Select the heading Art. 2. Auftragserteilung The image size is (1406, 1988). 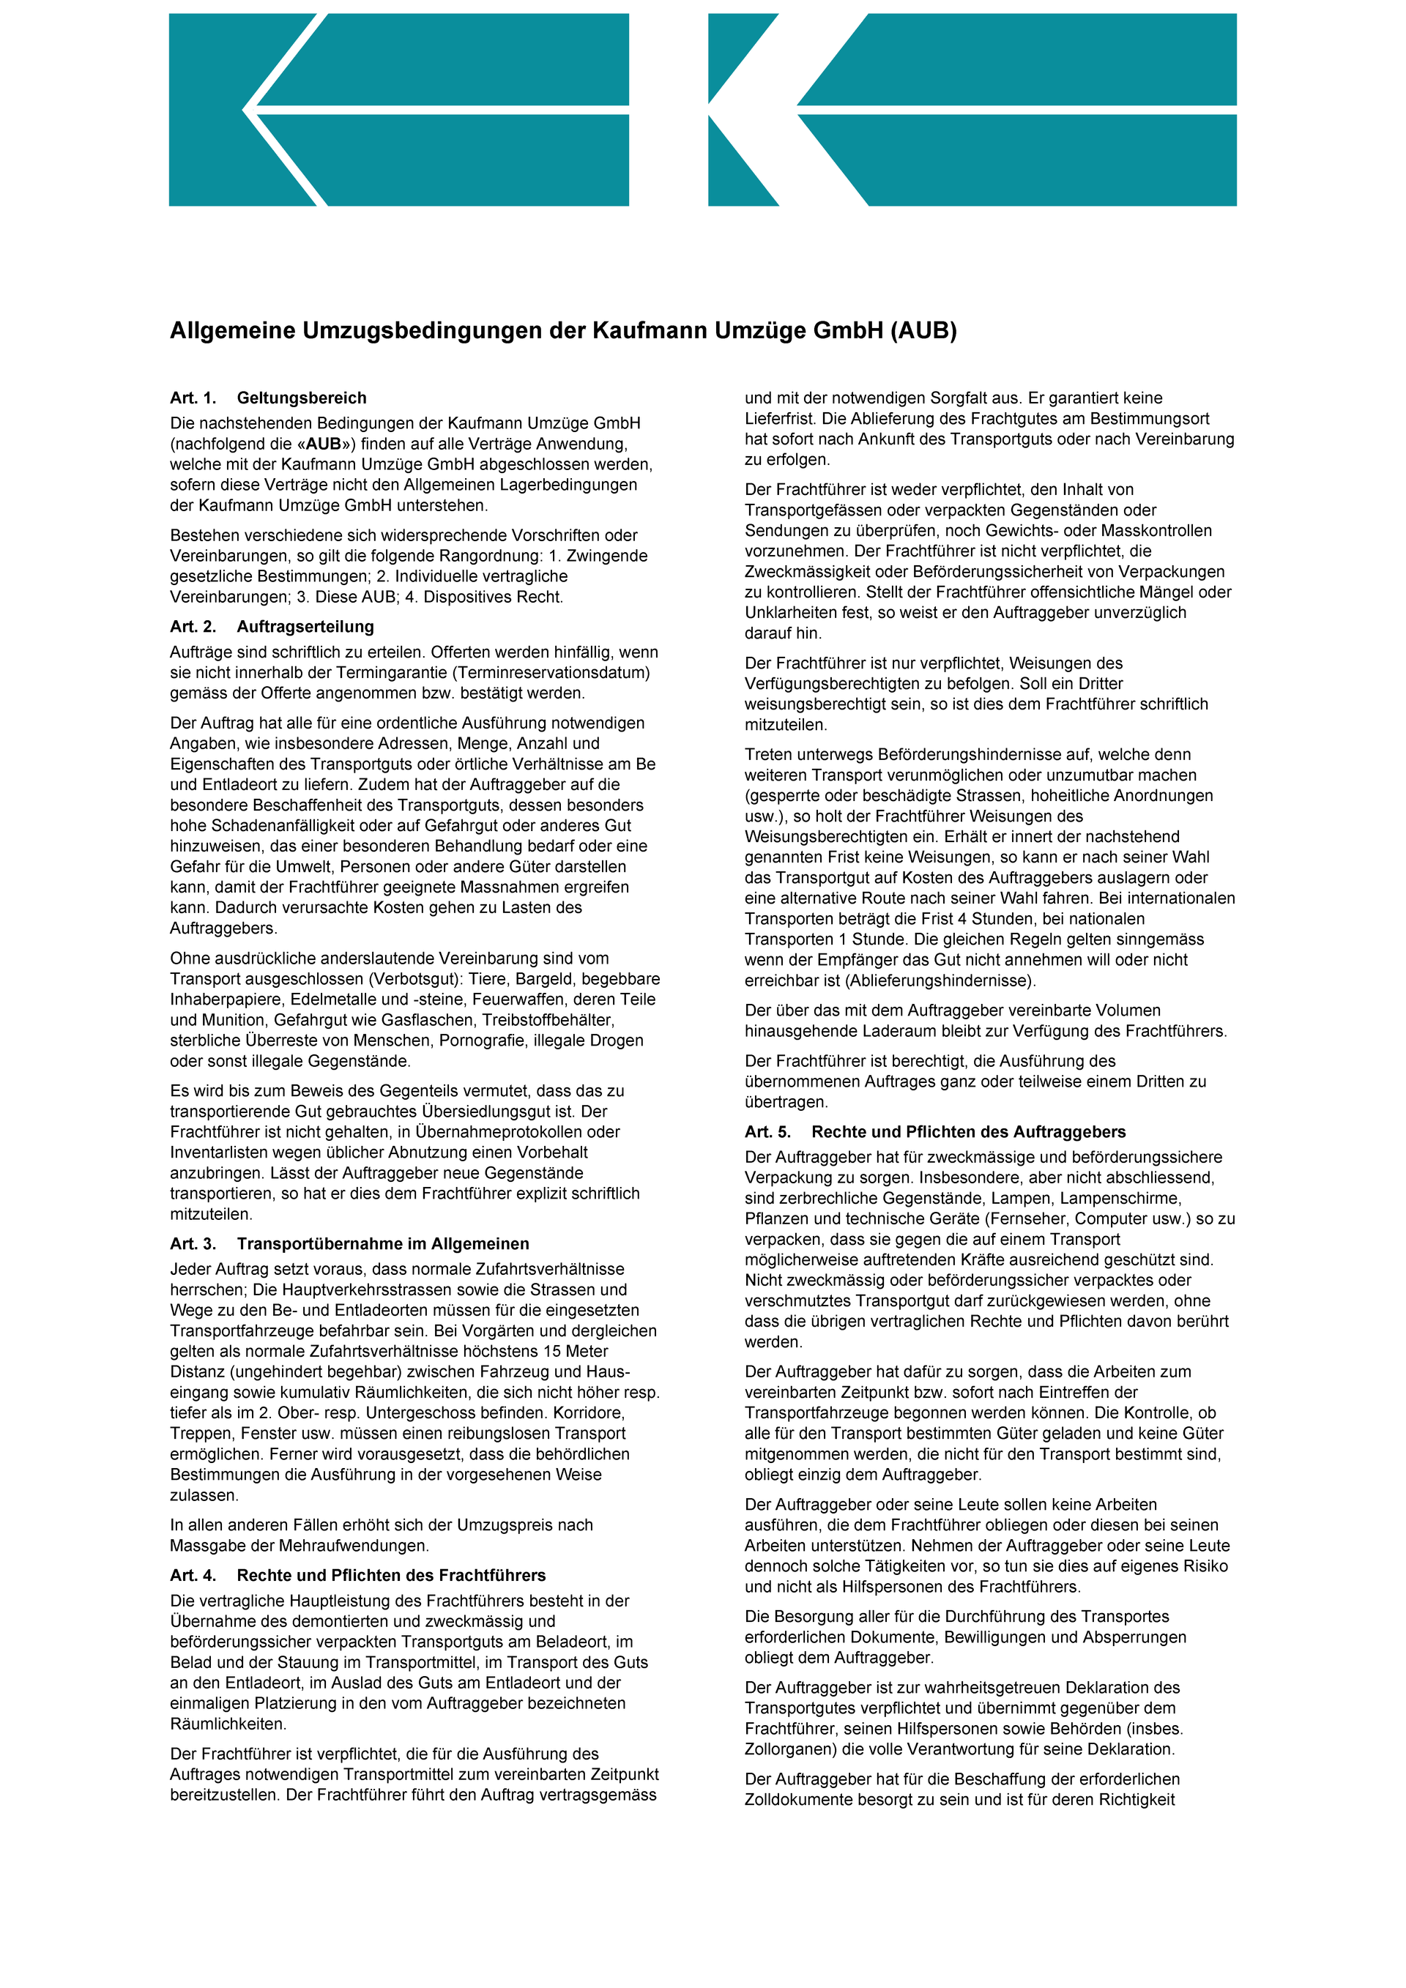pos(272,627)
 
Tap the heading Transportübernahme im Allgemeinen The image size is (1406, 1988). pos(383,1244)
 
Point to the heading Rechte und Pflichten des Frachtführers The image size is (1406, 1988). pos(391,1575)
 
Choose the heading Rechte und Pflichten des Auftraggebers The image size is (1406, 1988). pos(968,1132)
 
